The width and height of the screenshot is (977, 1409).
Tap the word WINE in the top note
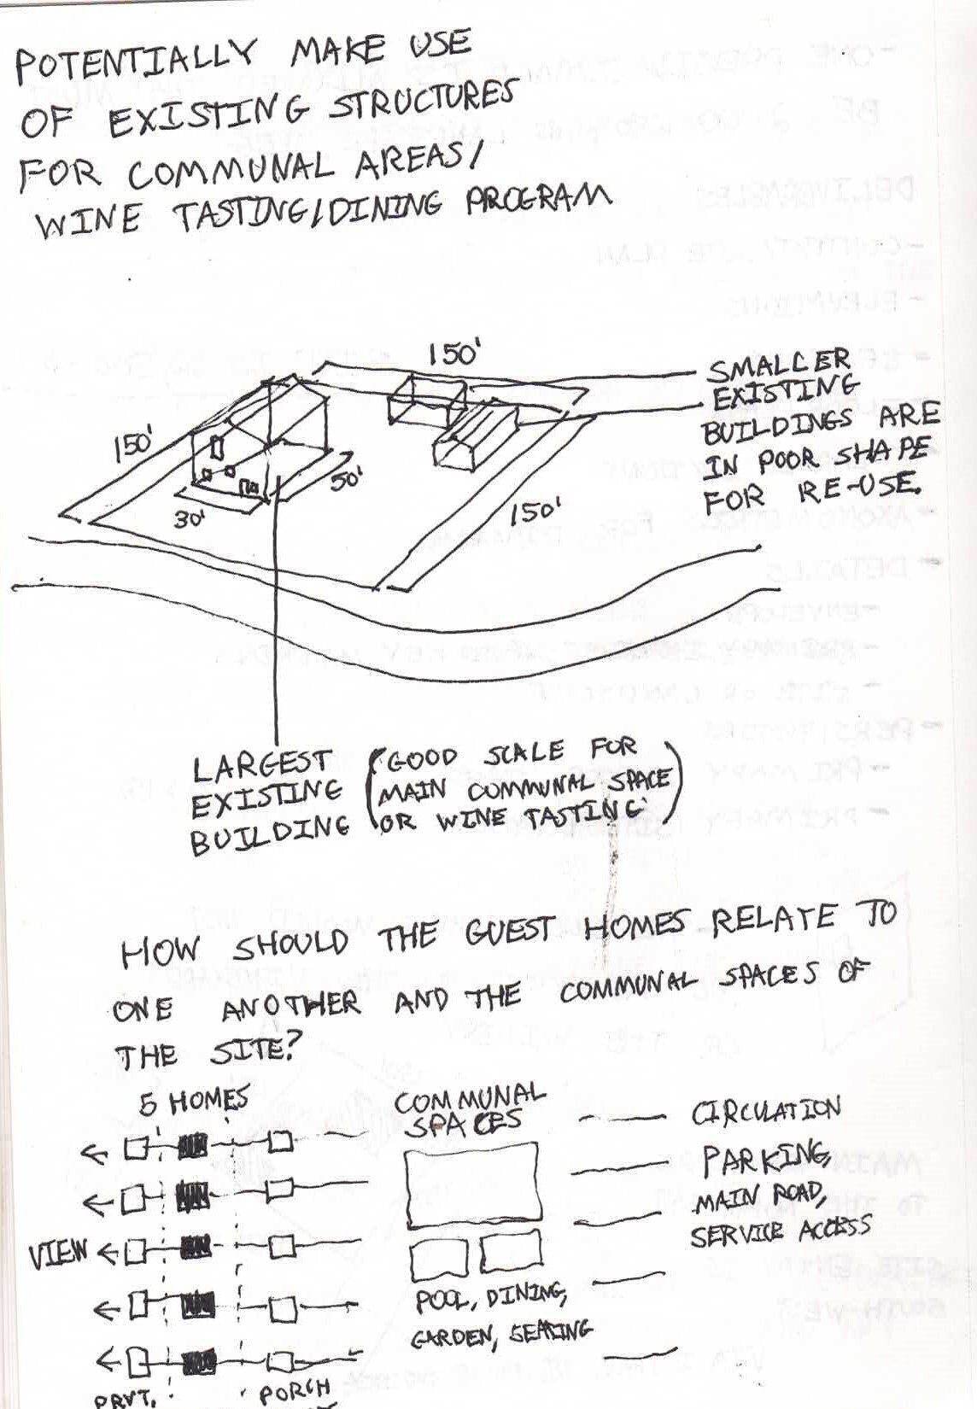coord(86,219)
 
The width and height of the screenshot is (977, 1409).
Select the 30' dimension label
coord(188,519)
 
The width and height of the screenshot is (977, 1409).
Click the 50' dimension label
coord(348,479)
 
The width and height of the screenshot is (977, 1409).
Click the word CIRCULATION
coord(764,1111)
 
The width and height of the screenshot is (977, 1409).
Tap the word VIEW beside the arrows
coord(58,1254)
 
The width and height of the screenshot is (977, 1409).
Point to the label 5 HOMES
coord(193,1102)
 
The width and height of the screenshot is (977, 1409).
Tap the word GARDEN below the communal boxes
coord(443,1338)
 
